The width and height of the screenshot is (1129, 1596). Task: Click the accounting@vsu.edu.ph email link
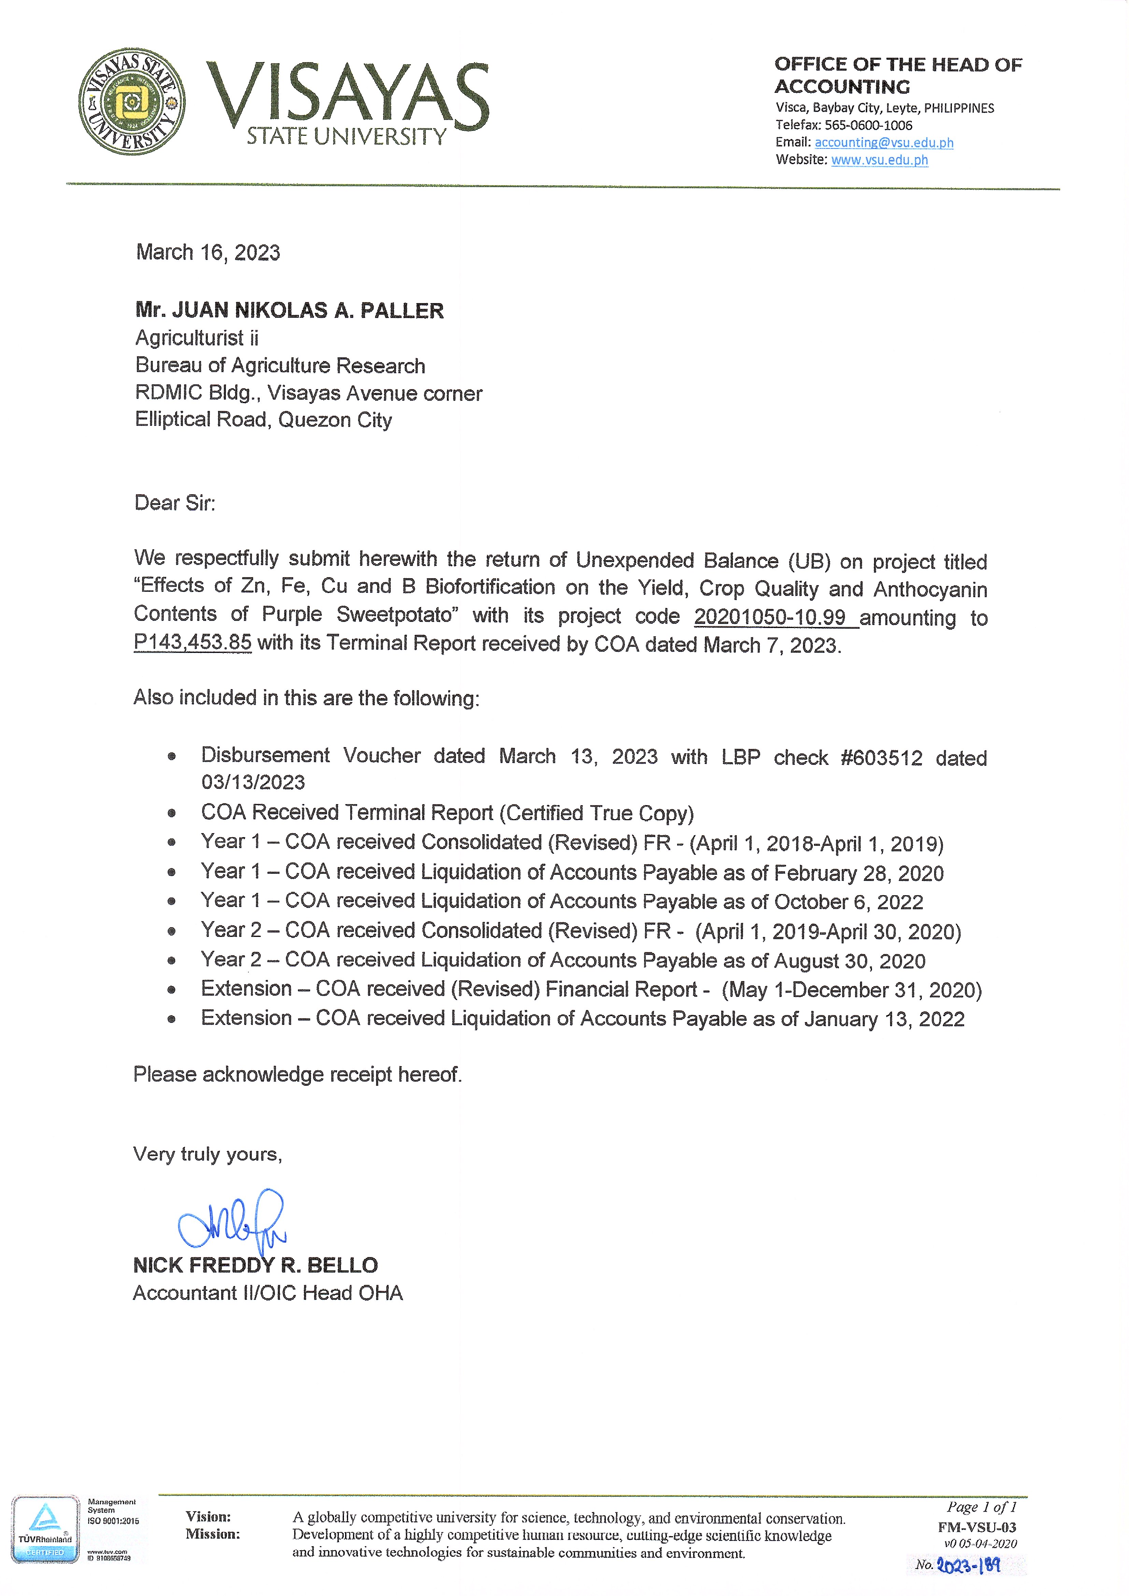tap(884, 143)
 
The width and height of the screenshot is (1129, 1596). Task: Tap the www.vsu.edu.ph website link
tap(880, 160)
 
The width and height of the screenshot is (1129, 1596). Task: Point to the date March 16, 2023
tap(208, 252)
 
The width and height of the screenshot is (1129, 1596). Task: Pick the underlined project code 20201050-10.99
tap(770, 616)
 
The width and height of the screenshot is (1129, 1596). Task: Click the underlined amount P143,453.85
tap(192, 642)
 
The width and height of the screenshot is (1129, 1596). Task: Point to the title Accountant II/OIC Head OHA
tap(268, 1293)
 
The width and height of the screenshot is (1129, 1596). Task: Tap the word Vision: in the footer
tap(208, 1517)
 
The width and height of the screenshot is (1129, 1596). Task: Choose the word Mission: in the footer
tap(212, 1534)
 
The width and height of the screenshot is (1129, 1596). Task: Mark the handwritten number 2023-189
tap(968, 1565)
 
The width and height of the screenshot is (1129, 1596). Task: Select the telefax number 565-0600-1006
tap(868, 125)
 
